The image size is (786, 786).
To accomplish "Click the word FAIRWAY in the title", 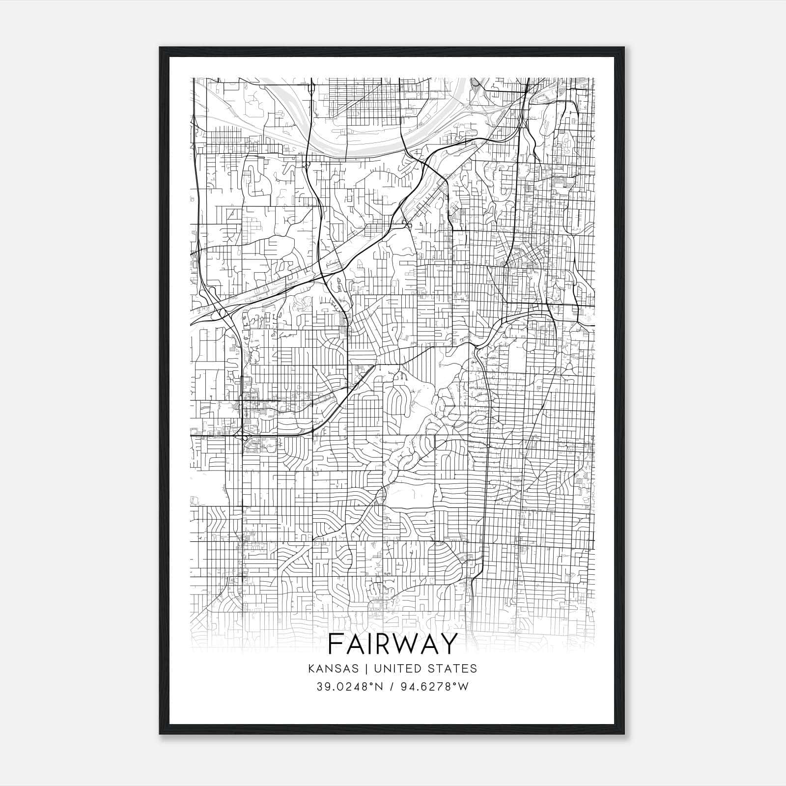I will (x=393, y=644).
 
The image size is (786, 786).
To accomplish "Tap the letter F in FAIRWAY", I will (x=337, y=644).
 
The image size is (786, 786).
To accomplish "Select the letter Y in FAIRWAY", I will (x=448, y=644).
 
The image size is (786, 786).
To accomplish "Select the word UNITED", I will (x=396, y=669).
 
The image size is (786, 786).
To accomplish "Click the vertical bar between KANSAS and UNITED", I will (x=369, y=669).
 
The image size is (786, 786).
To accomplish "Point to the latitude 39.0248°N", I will (x=349, y=687).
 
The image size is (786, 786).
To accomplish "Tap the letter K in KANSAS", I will (x=311, y=669).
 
